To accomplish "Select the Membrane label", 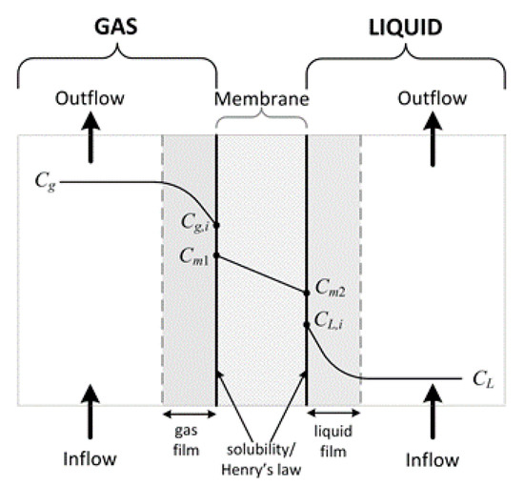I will pyautogui.click(x=260, y=98).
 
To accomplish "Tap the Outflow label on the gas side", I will pyautogui.click(x=90, y=98).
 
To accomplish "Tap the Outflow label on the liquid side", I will pyautogui.click(x=431, y=98).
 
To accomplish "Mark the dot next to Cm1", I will pyautogui.click(x=217, y=256).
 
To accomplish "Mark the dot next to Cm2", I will pyautogui.click(x=307, y=293).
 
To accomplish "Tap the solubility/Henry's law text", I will pyautogui.click(x=261, y=456).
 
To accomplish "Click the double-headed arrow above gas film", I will pyautogui.click(x=189, y=415).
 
